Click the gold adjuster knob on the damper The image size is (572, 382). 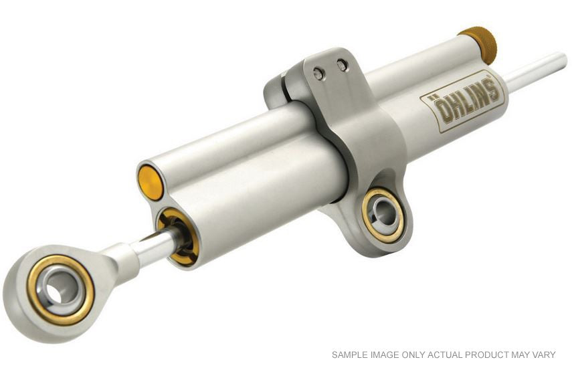[478, 44]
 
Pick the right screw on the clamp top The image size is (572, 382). [342, 65]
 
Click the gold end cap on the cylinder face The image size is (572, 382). [151, 182]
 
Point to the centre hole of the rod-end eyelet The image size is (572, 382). [60, 289]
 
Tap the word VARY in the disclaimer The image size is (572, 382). [543, 355]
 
